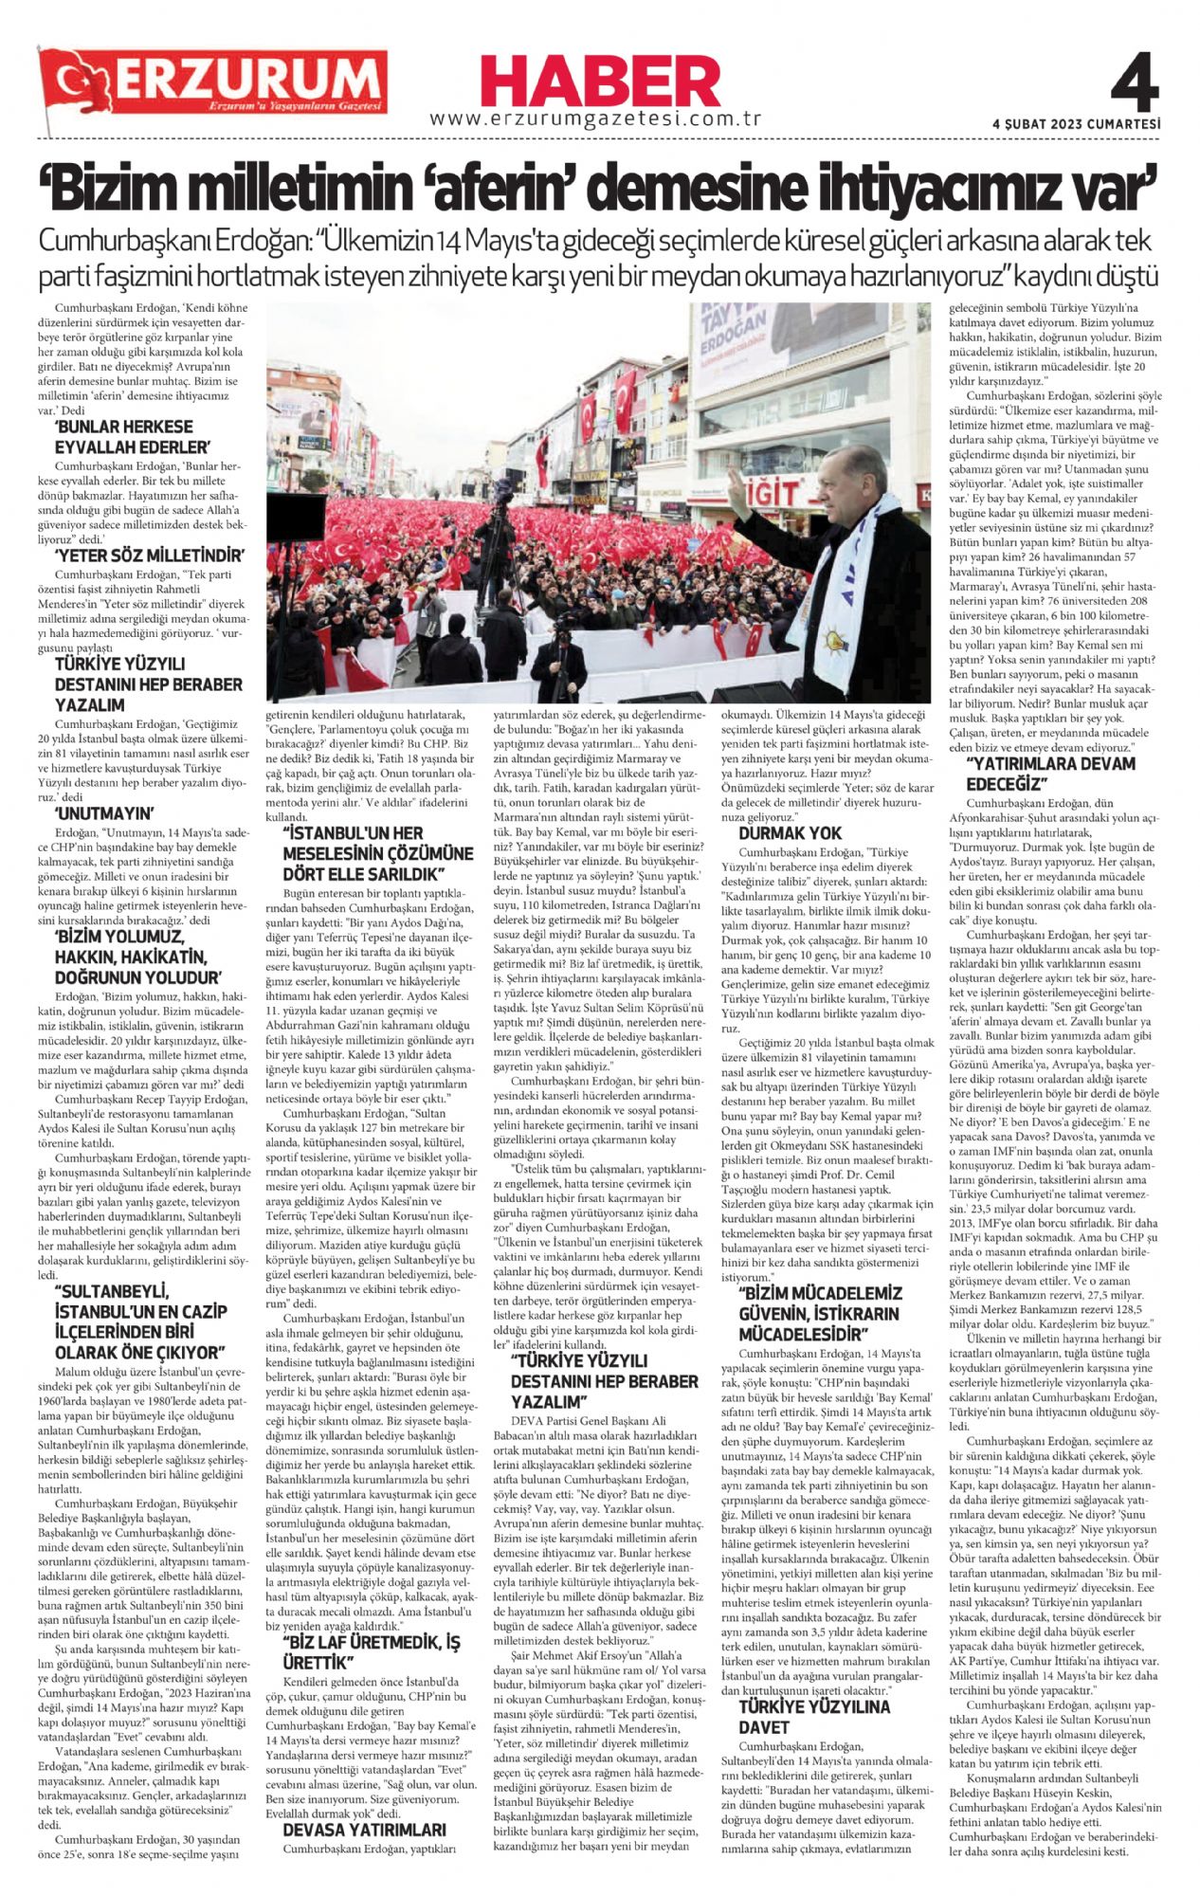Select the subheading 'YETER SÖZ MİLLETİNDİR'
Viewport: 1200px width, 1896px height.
tap(150, 556)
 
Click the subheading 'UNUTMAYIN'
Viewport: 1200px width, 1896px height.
tap(104, 813)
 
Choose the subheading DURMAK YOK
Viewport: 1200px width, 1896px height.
tap(790, 833)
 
